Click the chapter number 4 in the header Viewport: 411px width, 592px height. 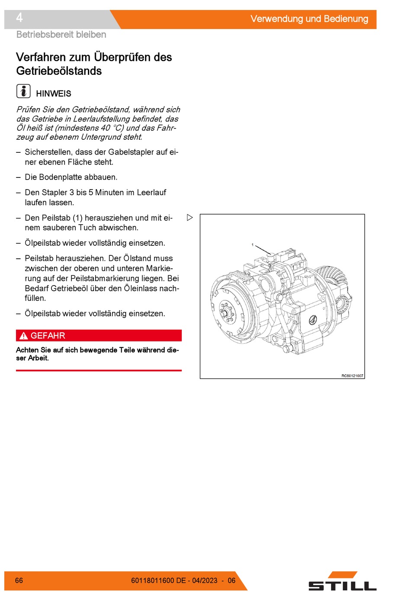[x=19, y=18]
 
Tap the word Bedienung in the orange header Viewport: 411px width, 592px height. [x=346, y=19]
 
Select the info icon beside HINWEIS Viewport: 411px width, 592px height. [x=23, y=91]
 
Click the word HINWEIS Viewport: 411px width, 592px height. [x=54, y=93]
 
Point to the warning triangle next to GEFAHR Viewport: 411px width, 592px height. [x=23, y=336]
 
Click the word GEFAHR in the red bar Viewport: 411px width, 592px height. [x=48, y=336]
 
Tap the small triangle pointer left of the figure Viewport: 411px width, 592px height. [x=189, y=218]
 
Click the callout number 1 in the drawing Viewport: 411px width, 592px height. [x=253, y=245]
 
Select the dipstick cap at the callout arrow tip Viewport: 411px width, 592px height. [x=270, y=256]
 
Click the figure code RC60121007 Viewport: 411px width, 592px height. [x=352, y=376]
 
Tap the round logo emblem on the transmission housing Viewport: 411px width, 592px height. [x=313, y=320]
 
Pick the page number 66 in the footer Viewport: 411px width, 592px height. [x=19, y=580]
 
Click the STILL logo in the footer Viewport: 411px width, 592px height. [x=342, y=582]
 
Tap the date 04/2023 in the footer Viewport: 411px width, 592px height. [x=205, y=580]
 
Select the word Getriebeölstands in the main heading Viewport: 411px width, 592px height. [x=59, y=71]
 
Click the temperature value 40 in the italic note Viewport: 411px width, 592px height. [x=105, y=128]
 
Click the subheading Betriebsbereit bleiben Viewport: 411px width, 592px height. [x=61, y=35]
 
